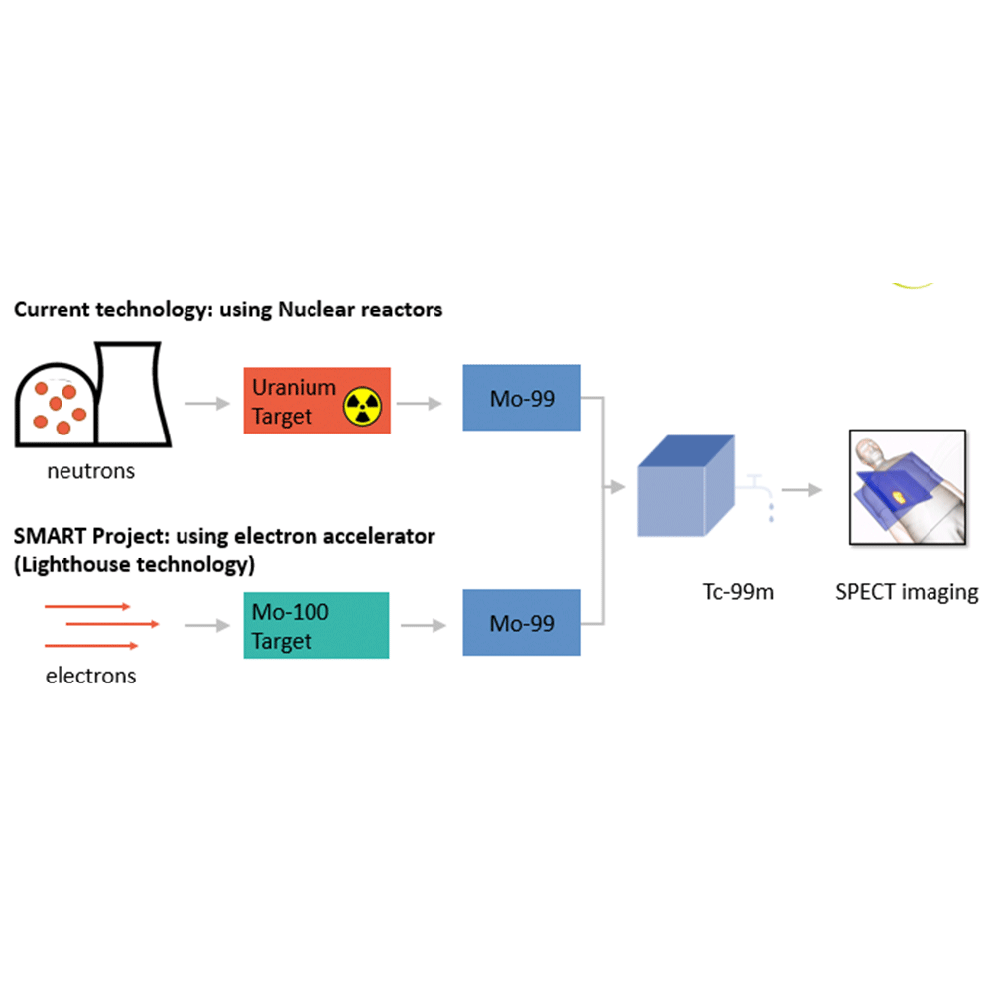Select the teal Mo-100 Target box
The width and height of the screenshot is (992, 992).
click(316, 625)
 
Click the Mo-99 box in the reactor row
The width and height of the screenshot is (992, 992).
click(522, 398)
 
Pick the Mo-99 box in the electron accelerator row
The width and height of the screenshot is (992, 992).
click(522, 623)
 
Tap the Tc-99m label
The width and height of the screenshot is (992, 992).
click(731, 592)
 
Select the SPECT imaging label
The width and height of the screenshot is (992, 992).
click(907, 592)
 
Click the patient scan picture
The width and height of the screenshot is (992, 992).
click(907, 488)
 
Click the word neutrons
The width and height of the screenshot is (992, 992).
click(90, 471)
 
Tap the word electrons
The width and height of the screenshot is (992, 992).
click(90, 677)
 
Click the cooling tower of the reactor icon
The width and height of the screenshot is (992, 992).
click(134, 393)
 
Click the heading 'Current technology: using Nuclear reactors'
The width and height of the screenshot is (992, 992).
click(228, 310)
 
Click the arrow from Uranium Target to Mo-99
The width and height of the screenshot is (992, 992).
click(421, 403)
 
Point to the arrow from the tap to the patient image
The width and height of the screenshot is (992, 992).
click(802, 489)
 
